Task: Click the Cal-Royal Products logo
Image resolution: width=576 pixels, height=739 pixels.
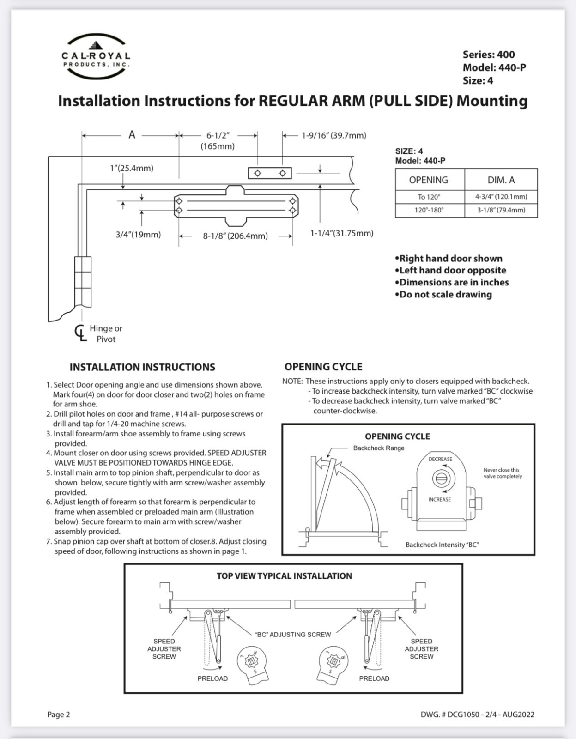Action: (96, 56)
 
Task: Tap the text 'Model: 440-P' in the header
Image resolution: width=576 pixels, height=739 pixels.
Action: (494, 67)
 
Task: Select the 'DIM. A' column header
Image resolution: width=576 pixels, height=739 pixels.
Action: (501, 180)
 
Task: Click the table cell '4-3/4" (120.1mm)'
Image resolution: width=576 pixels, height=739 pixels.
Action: (501, 197)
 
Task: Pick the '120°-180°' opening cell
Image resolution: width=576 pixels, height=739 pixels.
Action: (429, 210)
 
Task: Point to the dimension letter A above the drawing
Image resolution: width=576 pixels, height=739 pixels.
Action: (132, 135)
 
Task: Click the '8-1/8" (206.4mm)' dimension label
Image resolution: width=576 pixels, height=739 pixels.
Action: (235, 236)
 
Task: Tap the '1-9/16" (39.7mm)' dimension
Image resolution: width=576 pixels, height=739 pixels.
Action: (334, 136)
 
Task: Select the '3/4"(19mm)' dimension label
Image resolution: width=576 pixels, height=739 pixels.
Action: (138, 235)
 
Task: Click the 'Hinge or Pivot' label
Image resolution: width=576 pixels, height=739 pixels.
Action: (106, 333)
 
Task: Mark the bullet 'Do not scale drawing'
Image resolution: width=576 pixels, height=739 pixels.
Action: (443, 295)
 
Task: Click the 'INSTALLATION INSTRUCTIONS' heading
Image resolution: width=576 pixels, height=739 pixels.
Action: (142, 367)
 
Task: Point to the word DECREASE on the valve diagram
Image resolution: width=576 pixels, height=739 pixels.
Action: (440, 459)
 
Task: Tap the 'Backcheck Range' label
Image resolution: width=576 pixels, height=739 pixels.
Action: (379, 448)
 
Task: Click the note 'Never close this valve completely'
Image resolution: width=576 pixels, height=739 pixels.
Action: (503, 473)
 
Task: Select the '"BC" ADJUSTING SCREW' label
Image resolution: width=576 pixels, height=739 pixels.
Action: (293, 635)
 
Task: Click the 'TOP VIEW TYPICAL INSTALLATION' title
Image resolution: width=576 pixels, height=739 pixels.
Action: (284, 576)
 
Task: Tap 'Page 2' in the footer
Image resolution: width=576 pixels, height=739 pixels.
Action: (59, 715)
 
